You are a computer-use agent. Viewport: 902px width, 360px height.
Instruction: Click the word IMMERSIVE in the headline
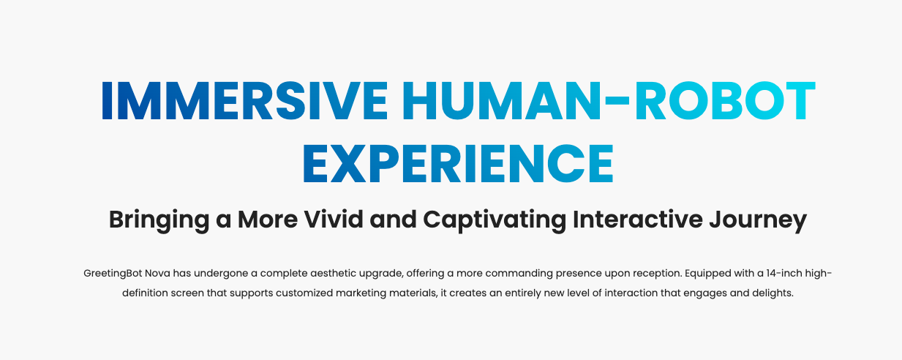(245, 101)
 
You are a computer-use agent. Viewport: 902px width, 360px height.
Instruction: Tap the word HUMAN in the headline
(501, 101)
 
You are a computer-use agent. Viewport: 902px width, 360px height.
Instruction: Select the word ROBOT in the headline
(726, 101)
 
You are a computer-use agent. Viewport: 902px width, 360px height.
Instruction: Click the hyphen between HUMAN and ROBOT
(617, 101)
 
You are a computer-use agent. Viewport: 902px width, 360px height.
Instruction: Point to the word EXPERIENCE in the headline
(458, 163)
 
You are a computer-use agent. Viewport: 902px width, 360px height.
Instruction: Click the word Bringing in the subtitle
(159, 220)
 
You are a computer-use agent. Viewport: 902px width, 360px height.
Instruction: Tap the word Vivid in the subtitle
(334, 220)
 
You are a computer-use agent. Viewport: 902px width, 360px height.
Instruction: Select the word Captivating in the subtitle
(495, 220)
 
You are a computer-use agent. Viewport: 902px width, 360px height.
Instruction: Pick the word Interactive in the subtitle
(638, 220)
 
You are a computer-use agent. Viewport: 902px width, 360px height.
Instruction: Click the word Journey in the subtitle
(758, 220)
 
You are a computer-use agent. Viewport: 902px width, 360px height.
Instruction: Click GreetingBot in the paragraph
(113, 274)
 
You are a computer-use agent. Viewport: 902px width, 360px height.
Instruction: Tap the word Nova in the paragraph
(157, 274)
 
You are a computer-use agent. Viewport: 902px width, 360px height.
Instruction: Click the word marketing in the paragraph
(361, 293)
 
